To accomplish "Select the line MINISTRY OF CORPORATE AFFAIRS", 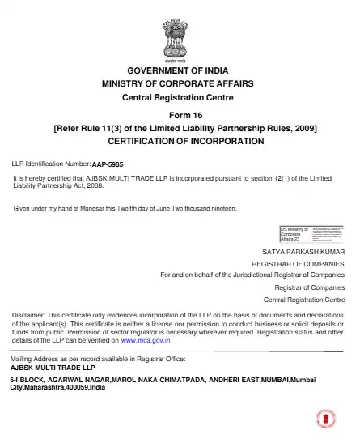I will click(x=180, y=84).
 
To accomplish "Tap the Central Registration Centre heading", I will click(x=180, y=97).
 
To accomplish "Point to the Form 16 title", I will click(x=180, y=115).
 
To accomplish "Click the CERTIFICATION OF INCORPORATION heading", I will click(x=180, y=141).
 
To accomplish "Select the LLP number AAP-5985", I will click(x=108, y=164).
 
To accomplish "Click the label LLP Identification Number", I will click(x=51, y=163).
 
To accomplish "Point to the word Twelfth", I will click(x=145, y=208).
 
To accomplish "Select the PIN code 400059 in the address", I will click(x=78, y=387).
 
